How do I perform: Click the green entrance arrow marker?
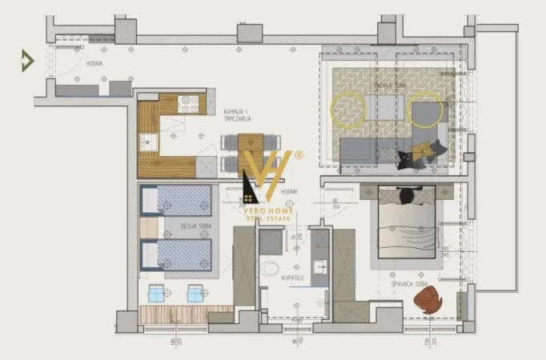coord(27,60)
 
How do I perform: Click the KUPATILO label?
coord(293,277)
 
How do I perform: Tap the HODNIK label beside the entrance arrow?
coord(95,62)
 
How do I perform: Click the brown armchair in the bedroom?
coord(428,300)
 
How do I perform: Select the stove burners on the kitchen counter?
coord(189,104)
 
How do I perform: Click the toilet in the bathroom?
coord(271,268)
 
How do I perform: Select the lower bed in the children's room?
coord(177,255)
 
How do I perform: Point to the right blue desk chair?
coord(195,294)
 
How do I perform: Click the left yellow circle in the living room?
coord(350,110)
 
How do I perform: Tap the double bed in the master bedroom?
coord(407,222)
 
